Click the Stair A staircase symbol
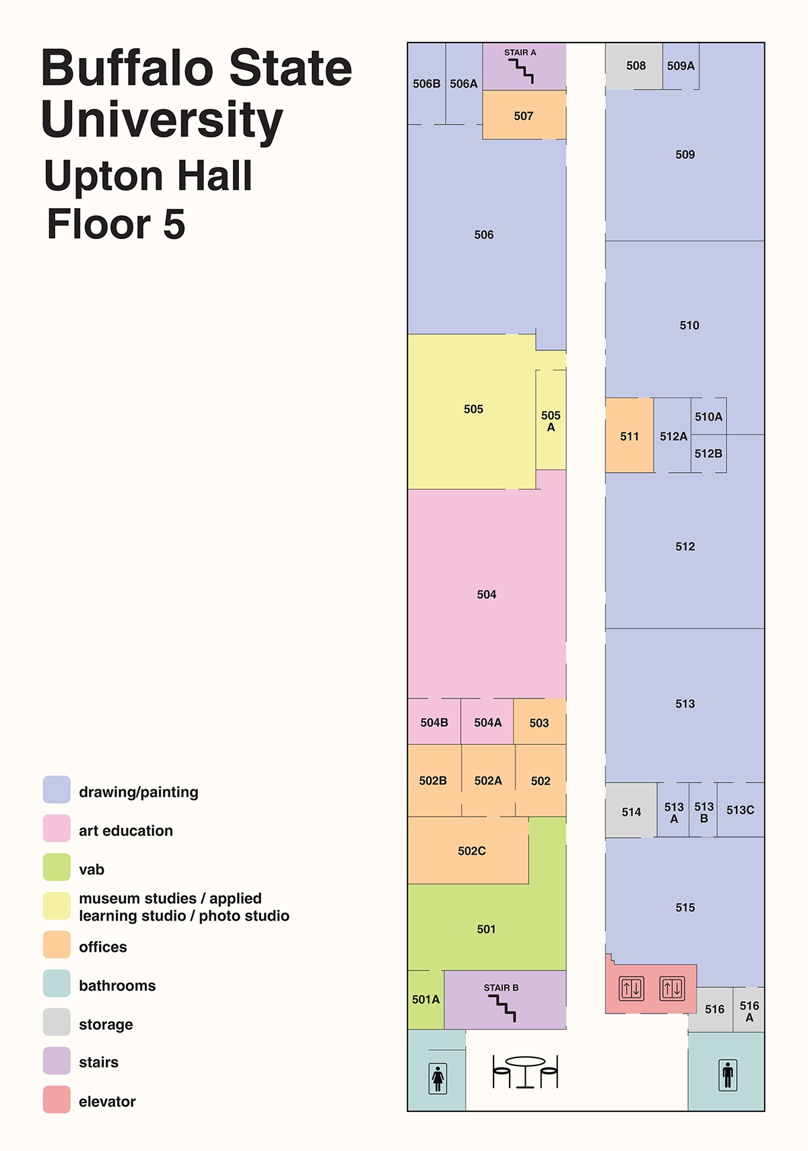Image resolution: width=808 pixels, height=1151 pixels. point(521,71)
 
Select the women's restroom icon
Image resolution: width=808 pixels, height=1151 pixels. point(438,1078)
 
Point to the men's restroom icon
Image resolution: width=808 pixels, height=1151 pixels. point(727,1075)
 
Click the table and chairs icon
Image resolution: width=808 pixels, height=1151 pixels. point(525,1072)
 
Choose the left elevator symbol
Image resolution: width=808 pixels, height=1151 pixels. point(632,988)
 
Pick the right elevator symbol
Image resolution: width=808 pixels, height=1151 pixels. point(672,988)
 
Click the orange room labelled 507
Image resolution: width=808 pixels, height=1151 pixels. point(524,114)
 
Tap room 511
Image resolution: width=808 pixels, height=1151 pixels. point(630,435)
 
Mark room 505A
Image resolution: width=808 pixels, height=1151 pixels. point(551,420)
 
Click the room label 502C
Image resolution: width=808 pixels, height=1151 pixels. point(471,851)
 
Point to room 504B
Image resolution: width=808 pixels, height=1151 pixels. point(434,721)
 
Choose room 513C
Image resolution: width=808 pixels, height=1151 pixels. point(740,810)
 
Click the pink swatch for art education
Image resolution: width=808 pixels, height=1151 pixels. point(57,828)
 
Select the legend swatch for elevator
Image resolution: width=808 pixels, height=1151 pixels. point(57,1100)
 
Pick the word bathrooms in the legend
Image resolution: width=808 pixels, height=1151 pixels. point(117,985)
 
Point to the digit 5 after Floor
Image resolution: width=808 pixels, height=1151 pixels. point(174,224)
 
